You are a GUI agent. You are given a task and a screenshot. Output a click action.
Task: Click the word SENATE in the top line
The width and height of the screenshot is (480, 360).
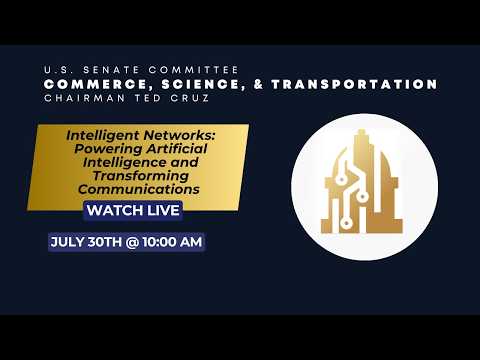(x=111, y=70)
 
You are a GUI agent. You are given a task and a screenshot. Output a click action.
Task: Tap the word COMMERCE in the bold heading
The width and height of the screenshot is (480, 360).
(x=96, y=85)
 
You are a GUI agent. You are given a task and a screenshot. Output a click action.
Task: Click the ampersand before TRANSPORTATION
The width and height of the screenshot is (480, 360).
(x=258, y=84)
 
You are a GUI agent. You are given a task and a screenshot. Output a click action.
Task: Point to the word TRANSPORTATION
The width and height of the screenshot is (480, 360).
(x=354, y=84)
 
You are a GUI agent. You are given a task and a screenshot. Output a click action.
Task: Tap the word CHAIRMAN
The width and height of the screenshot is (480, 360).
(x=85, y=98)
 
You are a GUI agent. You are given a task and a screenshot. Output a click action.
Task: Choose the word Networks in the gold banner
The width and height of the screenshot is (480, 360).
(x=180, y=135)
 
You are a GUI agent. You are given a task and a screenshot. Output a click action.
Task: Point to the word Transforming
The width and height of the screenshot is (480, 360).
(x=141, y=176)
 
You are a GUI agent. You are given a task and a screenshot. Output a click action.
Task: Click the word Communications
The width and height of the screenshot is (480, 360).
(x=139, y=189)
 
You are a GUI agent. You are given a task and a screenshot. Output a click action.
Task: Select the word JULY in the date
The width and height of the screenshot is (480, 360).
(x=67, y=242)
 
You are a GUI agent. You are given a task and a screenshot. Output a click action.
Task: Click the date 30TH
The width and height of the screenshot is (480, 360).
(x=105, y=242)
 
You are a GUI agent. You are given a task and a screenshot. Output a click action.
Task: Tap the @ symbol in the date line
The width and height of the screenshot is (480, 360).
(x=132, y=242)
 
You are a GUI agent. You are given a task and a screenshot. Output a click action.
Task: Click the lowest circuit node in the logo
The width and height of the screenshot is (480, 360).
(x=346, y=223)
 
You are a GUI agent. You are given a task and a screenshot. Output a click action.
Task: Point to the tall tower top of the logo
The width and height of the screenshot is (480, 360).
(x=362, y=133)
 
